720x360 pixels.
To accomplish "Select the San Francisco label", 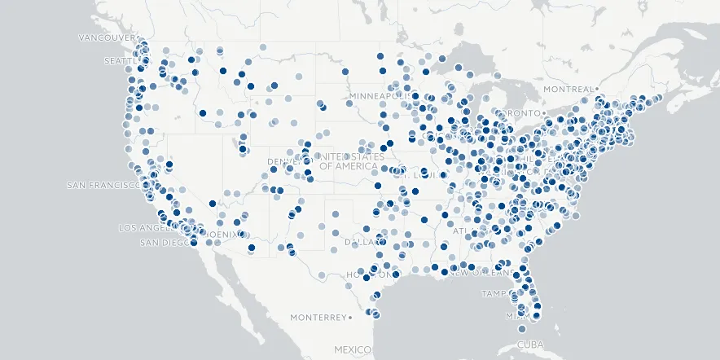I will [x=103, y=185].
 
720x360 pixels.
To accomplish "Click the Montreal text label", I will [x=569, y=88].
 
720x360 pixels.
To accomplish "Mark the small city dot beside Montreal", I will [x=597, y=88].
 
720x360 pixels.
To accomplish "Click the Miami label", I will [x=515, y=316].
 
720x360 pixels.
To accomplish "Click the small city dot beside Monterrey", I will [x=350, y=317].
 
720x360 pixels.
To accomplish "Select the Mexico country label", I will [x=352, y=348].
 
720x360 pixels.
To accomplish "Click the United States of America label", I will [x=349, y=161].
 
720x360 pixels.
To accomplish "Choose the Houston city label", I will [x=371, y=275].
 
